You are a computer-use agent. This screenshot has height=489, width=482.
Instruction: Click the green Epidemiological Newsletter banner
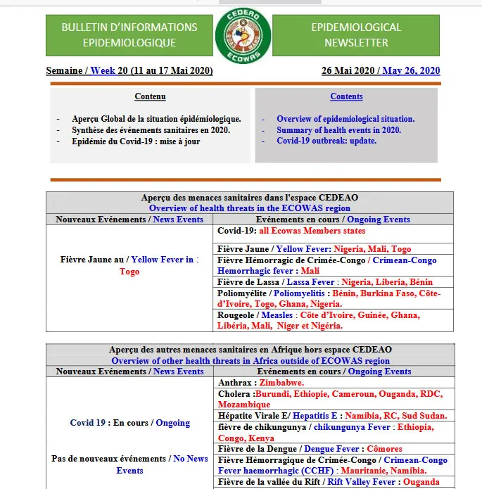point(356,35)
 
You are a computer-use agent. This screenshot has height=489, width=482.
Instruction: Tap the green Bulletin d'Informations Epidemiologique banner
point(129,35)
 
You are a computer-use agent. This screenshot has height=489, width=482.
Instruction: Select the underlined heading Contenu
point(150,96)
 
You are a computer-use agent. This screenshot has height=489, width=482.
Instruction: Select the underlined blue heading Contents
point(346,96)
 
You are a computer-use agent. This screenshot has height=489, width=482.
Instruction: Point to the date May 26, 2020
point(411,70)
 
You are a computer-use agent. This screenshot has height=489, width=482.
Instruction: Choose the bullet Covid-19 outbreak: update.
point(326,141)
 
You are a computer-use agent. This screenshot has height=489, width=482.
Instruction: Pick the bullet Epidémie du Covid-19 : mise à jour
point(136,141)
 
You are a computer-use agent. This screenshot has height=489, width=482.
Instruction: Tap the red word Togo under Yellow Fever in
point(129,272)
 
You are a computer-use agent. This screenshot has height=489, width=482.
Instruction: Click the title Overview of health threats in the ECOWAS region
point(250,208)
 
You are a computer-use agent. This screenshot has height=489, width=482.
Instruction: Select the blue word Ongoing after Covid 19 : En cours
point(173,423)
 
